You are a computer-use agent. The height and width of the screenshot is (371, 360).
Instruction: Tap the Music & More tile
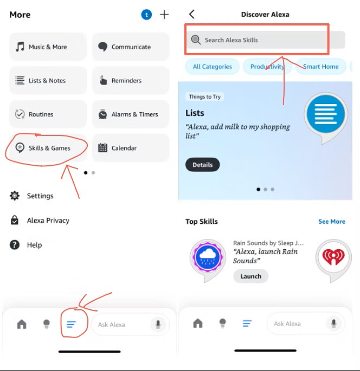coord(48,47)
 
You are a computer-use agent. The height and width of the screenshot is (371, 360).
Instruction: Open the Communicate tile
coord(131,47)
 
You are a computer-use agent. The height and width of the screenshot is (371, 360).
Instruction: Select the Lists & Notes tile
coord(48,81)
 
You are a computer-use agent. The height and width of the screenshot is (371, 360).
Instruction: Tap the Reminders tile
coord(131,81)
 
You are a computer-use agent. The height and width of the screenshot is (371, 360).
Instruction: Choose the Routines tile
coord(48,114)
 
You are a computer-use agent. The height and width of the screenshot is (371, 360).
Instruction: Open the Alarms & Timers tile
coord(131,114)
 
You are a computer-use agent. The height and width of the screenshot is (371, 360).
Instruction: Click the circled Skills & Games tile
coord(48,148)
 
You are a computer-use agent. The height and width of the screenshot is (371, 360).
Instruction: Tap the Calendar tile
coord(131,148)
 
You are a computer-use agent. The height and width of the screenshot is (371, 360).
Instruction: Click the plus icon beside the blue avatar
coord(164,15)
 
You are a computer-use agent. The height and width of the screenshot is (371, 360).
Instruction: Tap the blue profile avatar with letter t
coord(146,15)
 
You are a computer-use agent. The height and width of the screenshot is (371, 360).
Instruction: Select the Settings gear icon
coord(15,196)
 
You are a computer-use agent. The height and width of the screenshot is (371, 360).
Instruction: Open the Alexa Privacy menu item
coord(40,220)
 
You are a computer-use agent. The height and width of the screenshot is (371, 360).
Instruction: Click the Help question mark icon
coord(15,245)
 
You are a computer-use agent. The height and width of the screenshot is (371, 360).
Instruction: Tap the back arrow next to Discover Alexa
coord(192,14)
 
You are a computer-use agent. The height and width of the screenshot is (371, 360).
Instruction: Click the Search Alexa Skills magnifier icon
coord(196,40)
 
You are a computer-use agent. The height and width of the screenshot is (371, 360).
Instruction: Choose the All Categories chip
coord(212,67)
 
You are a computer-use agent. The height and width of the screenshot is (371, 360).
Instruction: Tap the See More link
coord(332,222)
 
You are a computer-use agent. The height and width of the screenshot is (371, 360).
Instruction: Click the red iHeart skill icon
coord(333,257)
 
